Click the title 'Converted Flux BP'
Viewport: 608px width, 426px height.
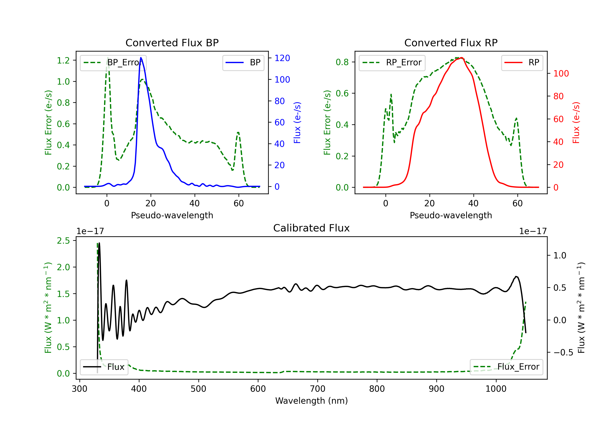pos(172,43)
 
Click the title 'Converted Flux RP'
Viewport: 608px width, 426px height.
pos(451,43)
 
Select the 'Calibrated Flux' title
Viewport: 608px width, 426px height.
pos(311,228)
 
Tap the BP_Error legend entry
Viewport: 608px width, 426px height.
pos(113,62)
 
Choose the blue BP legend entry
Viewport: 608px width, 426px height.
pos(243,62)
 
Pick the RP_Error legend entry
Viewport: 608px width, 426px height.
pos(392,62)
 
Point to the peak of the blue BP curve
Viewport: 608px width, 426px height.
pos(141,58)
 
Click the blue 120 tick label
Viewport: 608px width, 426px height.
pos(282,58)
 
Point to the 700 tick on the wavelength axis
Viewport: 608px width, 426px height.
pos(318,389)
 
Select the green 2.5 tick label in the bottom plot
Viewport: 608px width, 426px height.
pos(63,241)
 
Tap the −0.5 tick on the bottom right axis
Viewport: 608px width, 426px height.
pos(563,353)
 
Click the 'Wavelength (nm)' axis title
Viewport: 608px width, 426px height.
pos(311,401)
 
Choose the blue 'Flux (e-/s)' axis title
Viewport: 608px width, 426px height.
pos(297,123)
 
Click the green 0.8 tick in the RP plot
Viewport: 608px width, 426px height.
pos(342,62)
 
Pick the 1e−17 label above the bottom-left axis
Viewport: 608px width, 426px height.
pos(90,231)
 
